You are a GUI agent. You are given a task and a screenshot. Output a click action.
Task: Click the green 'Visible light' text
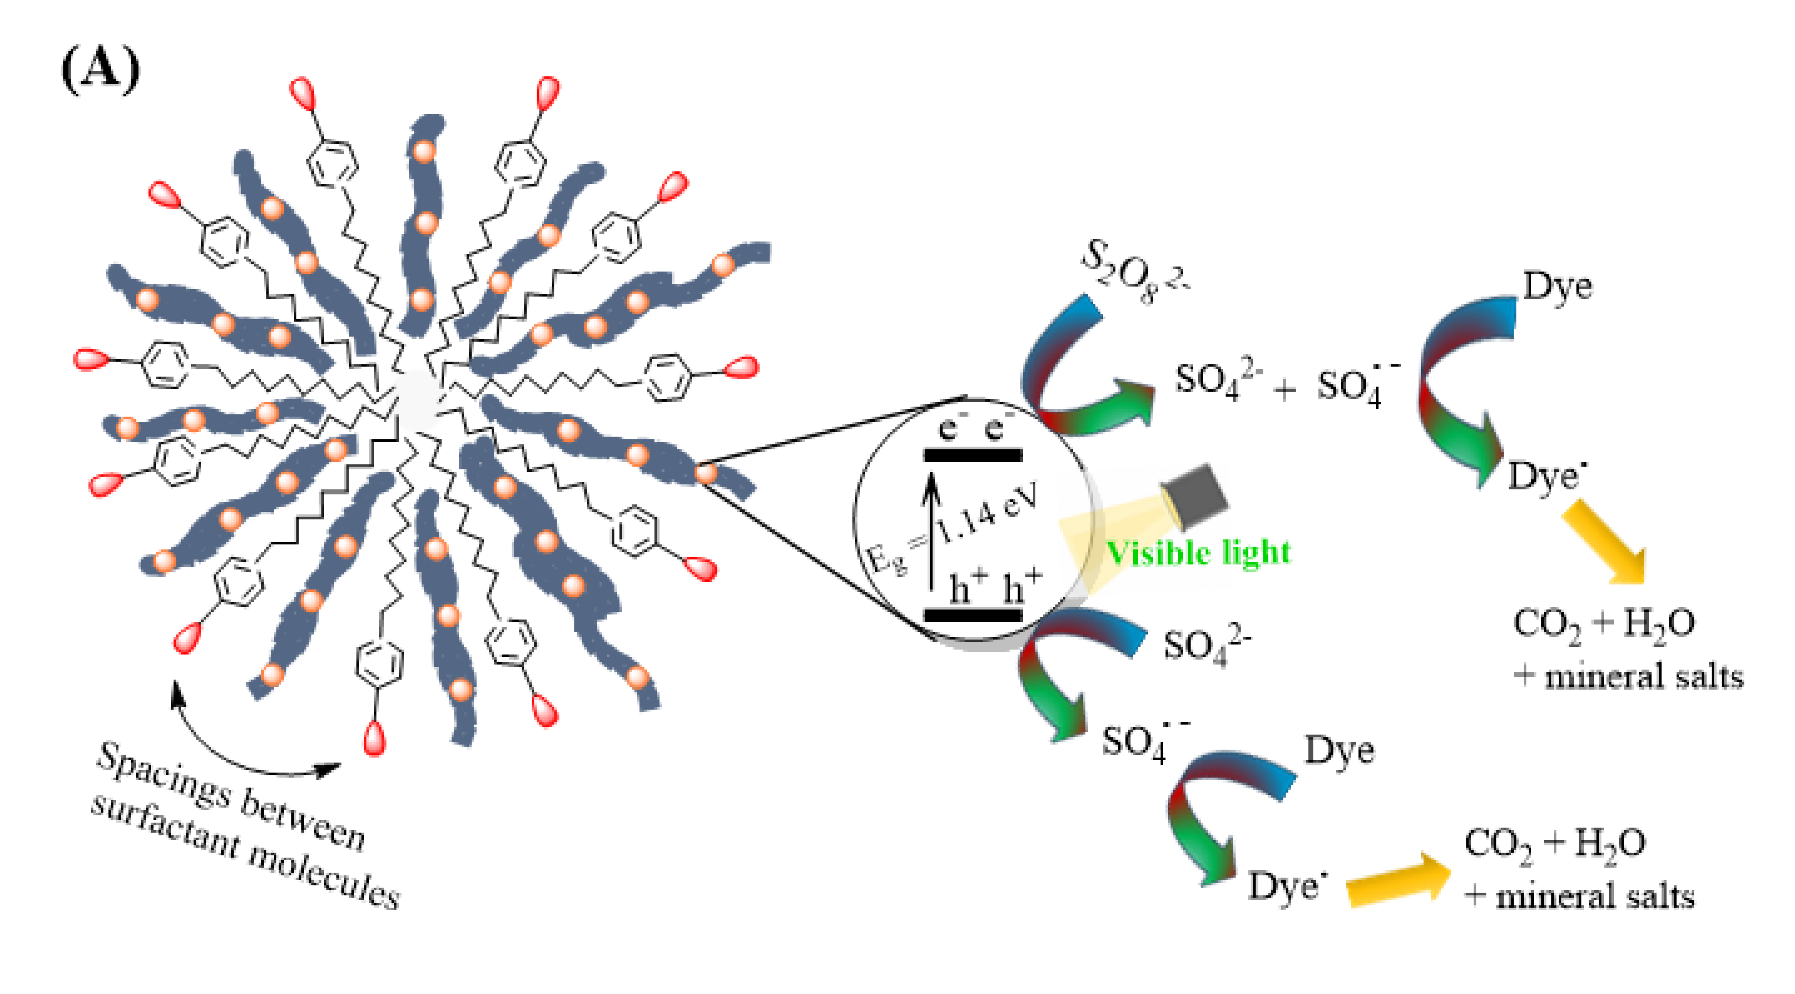pos(1199,552)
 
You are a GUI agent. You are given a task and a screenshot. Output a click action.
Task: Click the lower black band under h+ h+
pos(973,615)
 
